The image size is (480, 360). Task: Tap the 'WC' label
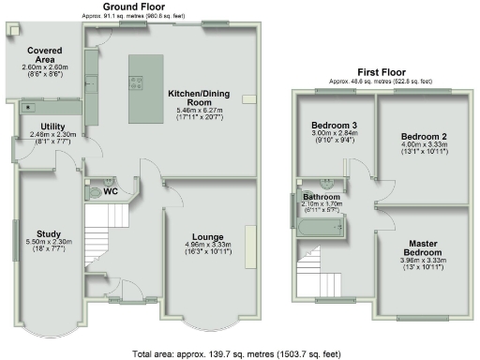[x=110, y=191]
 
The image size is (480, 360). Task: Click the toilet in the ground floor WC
[x=94, y=191]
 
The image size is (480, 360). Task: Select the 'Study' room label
[x=48, y=233]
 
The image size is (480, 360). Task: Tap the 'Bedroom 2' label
[x=424, y=136]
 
